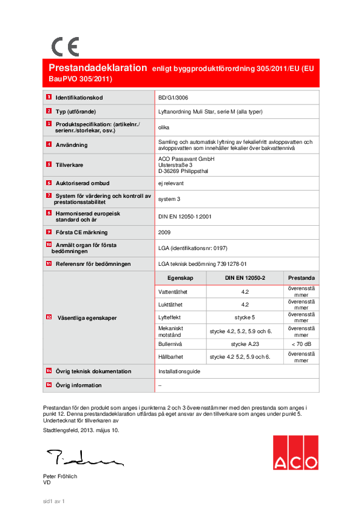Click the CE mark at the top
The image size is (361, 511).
(x=65, y=47)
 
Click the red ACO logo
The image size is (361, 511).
(x=295, y=453)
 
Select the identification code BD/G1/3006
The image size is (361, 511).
(x=173, y=98)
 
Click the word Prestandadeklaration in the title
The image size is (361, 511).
(x=98, y=68)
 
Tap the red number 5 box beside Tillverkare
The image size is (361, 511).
(x=49, y=164)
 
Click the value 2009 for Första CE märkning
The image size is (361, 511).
(x=164, y=232)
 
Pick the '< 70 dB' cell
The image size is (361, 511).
(x=301, y=343)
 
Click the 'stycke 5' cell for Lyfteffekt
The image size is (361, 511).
(x=245, y=317)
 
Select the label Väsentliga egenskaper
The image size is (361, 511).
(x=87, y=317)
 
